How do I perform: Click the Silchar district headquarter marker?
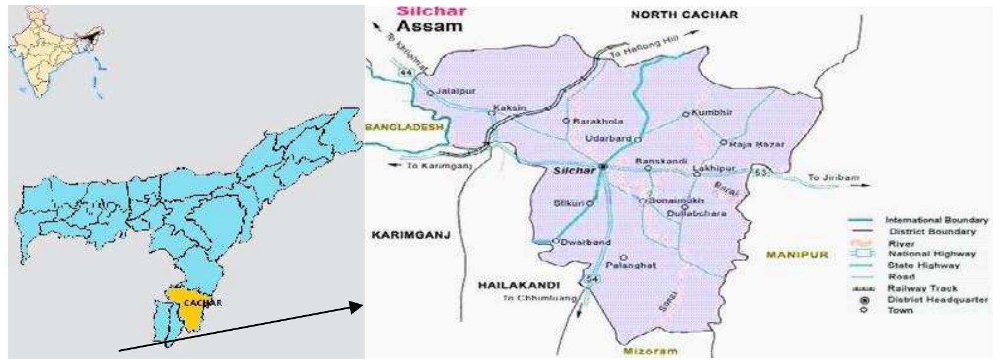603,167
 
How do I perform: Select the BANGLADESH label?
404,127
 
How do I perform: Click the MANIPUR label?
797,255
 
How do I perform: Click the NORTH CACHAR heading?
684,14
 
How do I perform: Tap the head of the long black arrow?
358,307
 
